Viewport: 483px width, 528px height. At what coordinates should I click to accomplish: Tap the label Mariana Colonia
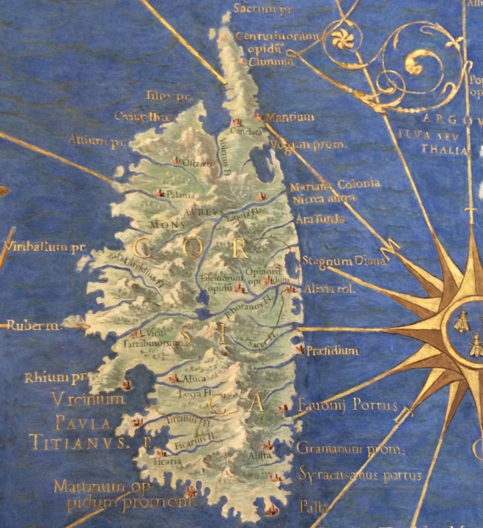click(x=335, y=184)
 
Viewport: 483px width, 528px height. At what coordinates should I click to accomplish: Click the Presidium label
click(x=333, y=351)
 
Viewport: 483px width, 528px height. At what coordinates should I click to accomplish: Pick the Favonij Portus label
click(x=347, y=405)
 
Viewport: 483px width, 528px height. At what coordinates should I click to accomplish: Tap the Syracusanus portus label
click(x=360, y=475)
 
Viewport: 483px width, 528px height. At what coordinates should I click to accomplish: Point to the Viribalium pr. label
click(x=44, y=248)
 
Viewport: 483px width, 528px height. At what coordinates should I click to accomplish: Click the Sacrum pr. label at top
click(x=256, y=9)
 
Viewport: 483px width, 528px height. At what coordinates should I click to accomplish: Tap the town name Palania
click(x=182, y=195)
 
